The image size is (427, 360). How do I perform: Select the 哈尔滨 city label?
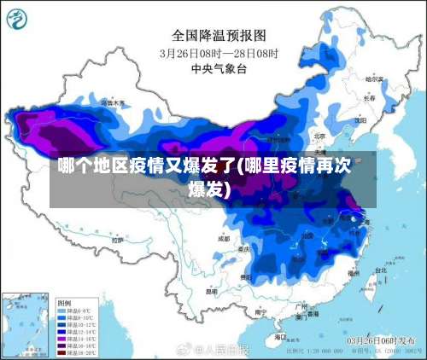[x=373, y=78]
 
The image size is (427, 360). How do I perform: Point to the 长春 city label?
[x=369, y=97]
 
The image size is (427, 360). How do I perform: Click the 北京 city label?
[x=319, y=135]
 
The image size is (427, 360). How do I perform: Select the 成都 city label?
[x=224, y=239]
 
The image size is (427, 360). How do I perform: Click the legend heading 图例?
[x=64, y=303]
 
